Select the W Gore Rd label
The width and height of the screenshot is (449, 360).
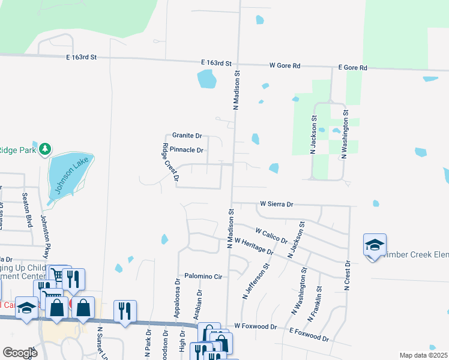coord(285,65)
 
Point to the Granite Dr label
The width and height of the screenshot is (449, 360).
coord(187,136)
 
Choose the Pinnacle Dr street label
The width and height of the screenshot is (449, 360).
coord(187,149)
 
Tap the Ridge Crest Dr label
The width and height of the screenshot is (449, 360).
coord(170,162)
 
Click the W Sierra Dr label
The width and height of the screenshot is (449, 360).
coord(276,204)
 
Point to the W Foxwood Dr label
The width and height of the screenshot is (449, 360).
coord(255,326)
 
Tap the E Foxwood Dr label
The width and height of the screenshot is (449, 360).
coord(309,334)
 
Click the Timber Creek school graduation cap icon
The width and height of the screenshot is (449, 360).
coord(375,245)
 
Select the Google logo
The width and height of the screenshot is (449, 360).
coord(20,352)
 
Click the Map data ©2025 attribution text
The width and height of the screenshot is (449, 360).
coord(423,355)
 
